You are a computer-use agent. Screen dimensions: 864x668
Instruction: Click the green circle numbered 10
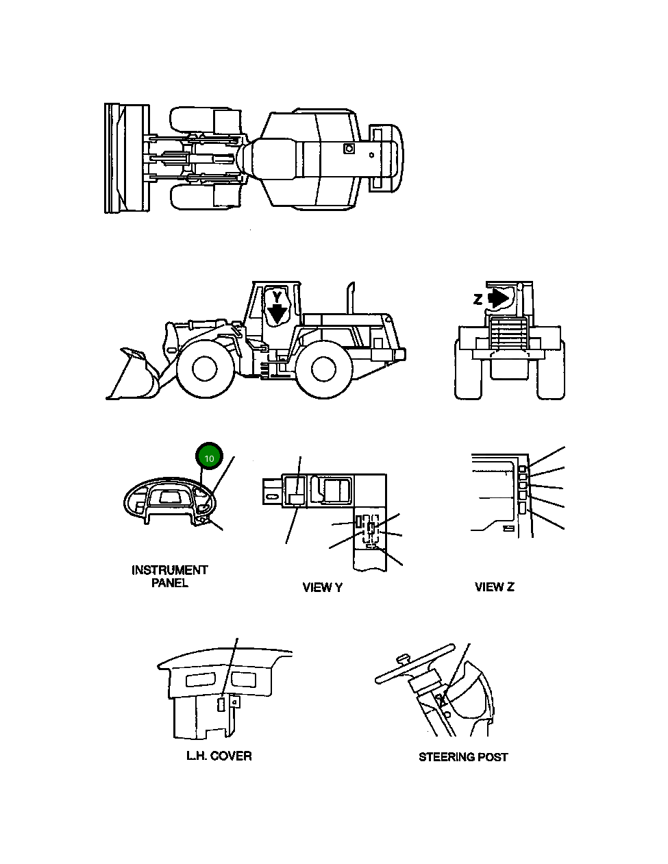pos(210,457)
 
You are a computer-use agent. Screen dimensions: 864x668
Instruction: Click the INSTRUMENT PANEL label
pos(169,576)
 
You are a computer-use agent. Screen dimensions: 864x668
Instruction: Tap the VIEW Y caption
pos(322,587)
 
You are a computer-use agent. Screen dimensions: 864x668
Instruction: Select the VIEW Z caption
pos(494,587)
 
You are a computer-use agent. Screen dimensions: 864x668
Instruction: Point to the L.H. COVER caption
pos(219,756)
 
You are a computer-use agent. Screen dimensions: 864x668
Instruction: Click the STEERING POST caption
pos(463,756)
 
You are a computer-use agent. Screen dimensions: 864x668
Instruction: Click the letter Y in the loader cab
pos(276,296)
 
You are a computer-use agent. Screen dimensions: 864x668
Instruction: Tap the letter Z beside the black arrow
pos(478,299)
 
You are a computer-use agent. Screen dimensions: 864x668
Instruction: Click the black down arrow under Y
pos(277,314)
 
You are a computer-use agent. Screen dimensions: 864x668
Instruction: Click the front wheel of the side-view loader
pos(204,369)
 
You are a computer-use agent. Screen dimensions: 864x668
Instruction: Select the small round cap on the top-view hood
pos(349,148)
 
